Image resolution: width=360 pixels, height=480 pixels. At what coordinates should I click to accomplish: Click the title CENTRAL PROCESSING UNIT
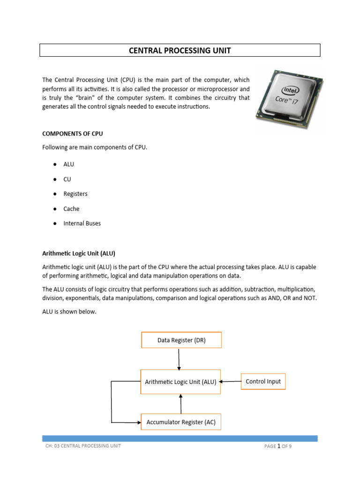point(180,51)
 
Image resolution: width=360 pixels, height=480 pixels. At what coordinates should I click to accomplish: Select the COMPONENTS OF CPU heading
point(73,134)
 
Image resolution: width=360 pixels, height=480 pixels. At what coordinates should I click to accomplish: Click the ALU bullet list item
point(69,164)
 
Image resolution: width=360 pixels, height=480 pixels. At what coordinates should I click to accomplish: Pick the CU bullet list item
point(67,179)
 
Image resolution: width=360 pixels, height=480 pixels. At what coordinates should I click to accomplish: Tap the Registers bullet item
point(75,194)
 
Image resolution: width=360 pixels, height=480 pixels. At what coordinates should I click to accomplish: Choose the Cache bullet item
point(72,209)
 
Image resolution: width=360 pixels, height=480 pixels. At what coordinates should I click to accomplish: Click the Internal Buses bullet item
point(82,224)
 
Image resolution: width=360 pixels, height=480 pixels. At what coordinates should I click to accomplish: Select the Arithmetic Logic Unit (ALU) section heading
point(79,253)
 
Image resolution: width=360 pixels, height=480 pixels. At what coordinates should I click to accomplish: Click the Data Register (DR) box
point(181,340)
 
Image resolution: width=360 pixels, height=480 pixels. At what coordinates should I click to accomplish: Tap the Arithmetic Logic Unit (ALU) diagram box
point(180,382)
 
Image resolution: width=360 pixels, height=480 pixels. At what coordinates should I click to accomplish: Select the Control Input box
point(263,382)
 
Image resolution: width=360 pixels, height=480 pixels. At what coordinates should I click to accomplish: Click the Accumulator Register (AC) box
point(181,422)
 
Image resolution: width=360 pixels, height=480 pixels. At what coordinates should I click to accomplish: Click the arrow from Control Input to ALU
point(230,382)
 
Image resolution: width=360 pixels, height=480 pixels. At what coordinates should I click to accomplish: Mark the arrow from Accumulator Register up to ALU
point(181,403)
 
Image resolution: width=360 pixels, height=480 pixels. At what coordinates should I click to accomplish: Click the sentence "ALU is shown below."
point(69,312)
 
